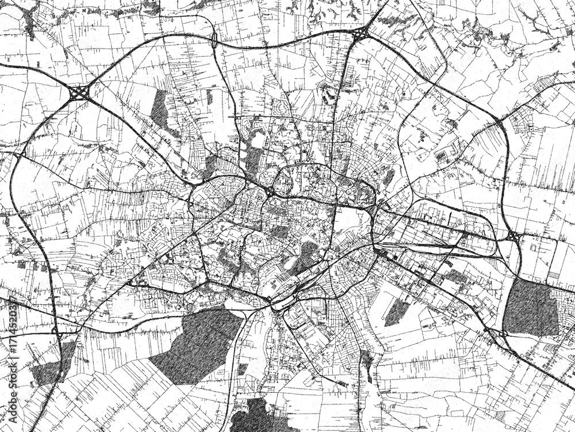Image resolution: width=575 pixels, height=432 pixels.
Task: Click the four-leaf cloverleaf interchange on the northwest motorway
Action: click(79, 92)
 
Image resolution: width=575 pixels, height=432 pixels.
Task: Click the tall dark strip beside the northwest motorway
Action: click(159, 109)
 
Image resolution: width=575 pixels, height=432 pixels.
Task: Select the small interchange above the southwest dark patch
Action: click(56, 330)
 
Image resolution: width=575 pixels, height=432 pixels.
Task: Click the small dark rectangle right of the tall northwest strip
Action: click(210, 98)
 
